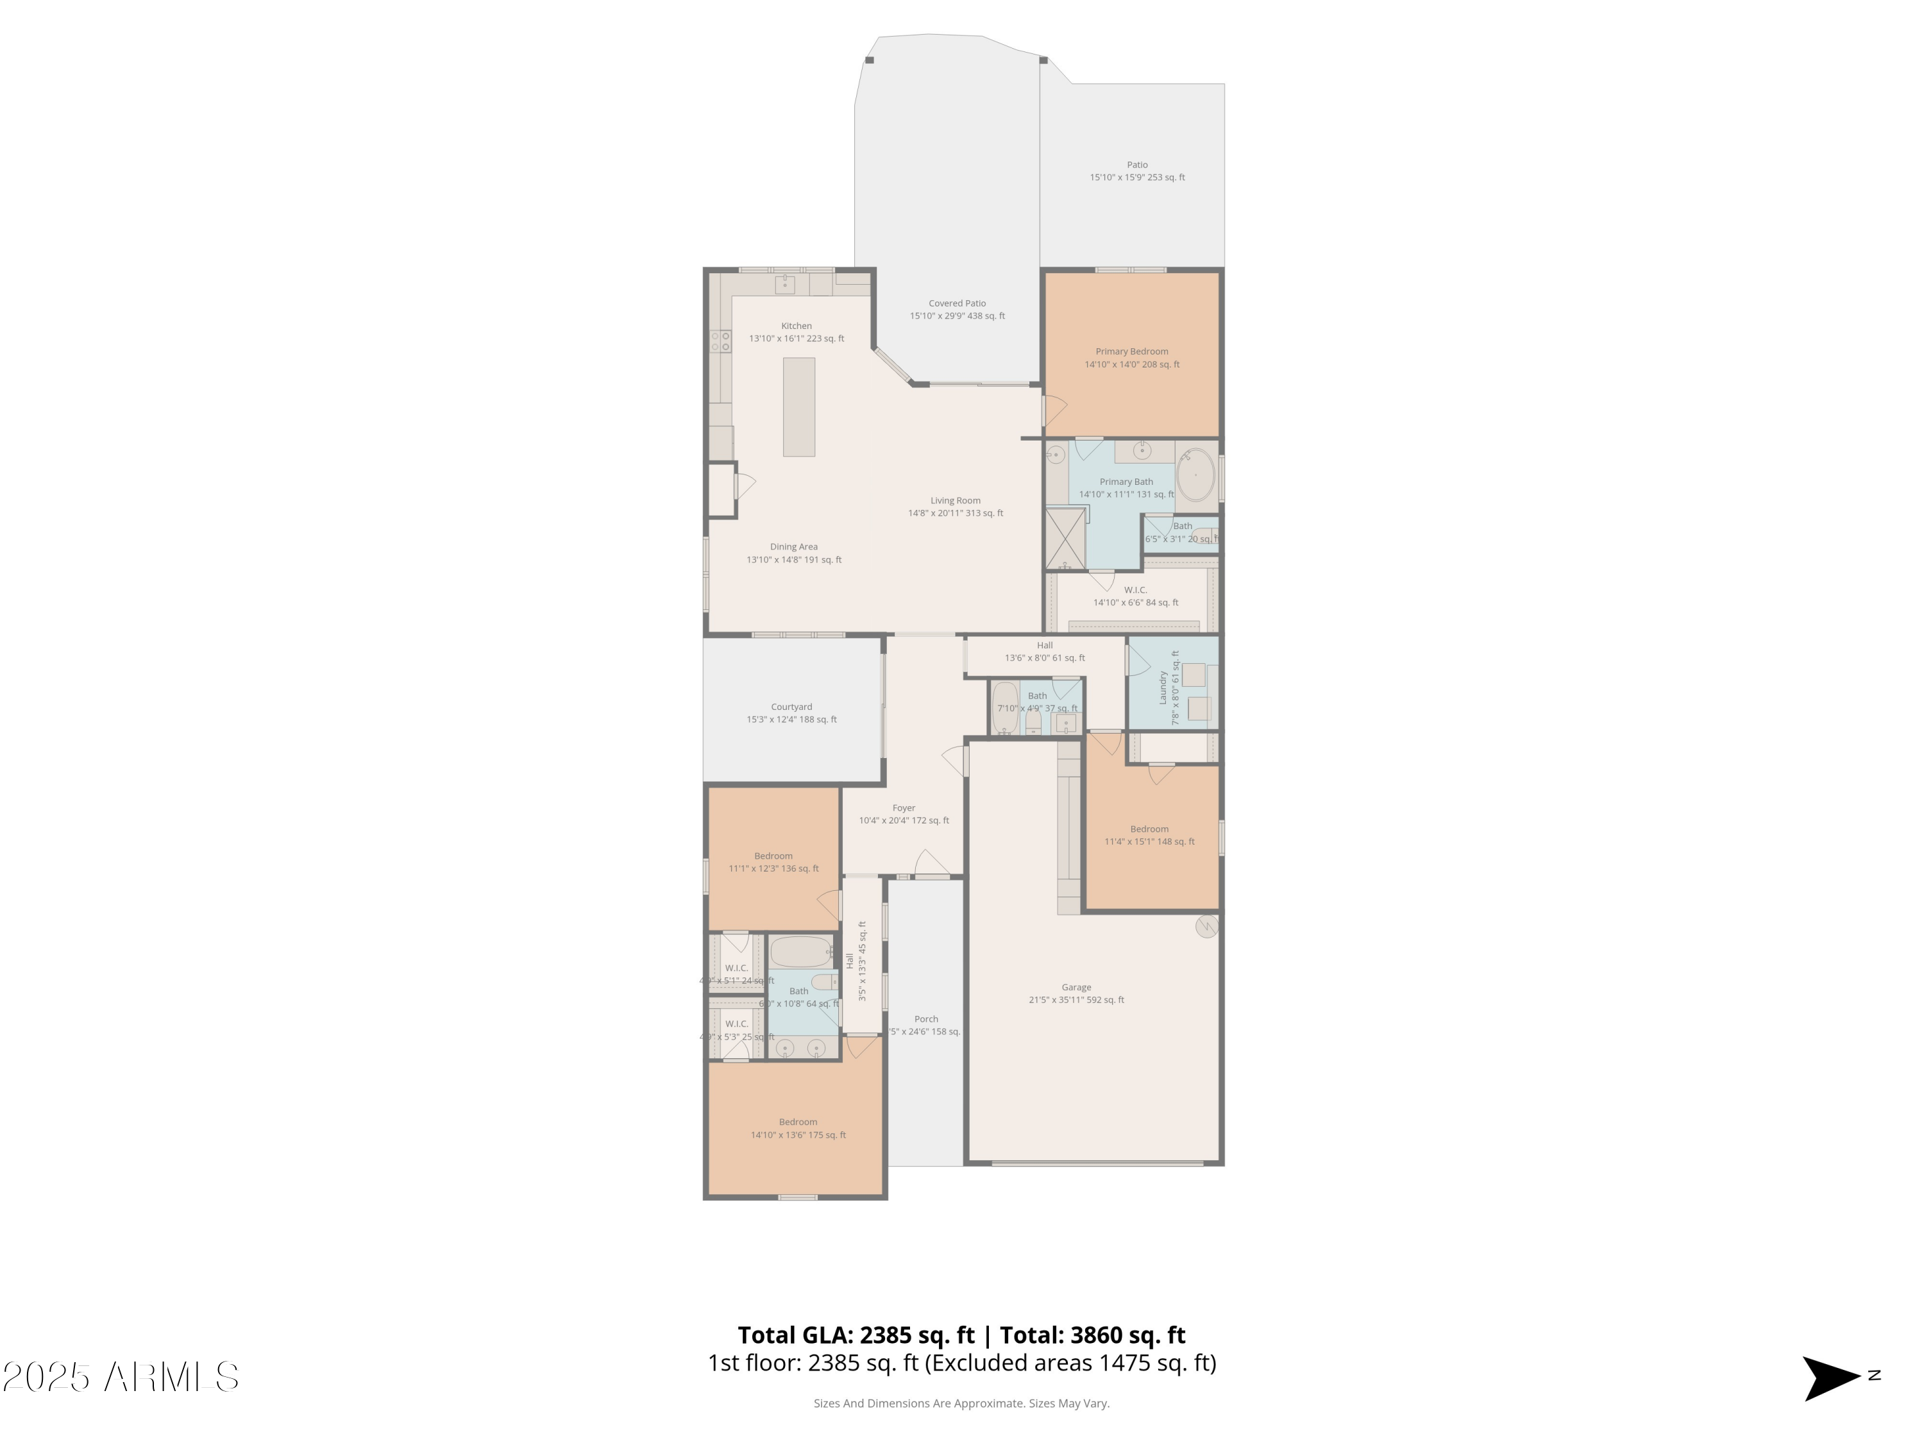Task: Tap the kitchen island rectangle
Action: (798, 407)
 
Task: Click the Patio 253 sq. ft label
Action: (1137, 171)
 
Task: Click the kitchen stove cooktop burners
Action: (721, 341)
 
